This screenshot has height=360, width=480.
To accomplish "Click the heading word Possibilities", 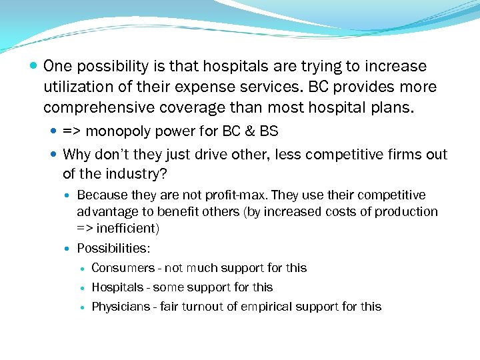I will pos(113,249).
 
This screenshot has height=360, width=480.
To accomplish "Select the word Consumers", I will pos(123,268).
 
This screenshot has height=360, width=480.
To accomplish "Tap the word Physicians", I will pos(121,307).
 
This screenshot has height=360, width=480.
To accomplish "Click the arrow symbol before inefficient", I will pos(85,229).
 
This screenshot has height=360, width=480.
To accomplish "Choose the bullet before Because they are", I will pos(68,196).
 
